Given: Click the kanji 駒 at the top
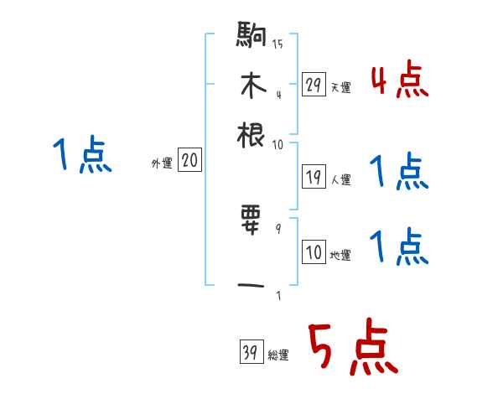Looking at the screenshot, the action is point(251,37).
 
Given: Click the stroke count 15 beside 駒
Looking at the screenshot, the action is point(277,44).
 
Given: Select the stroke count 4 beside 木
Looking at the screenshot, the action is point(277,94).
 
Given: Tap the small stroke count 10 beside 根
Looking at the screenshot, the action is point(277,143).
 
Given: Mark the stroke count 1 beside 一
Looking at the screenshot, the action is point(277,294).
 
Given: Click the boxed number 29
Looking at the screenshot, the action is point(314,84).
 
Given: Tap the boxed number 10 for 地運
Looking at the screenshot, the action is point(314,251).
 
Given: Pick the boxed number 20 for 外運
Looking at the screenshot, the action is point(189,161).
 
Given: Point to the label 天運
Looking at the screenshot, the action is point(340,87).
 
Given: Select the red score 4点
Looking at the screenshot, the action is point(399,81).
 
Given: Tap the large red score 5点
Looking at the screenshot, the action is point(351,349).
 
